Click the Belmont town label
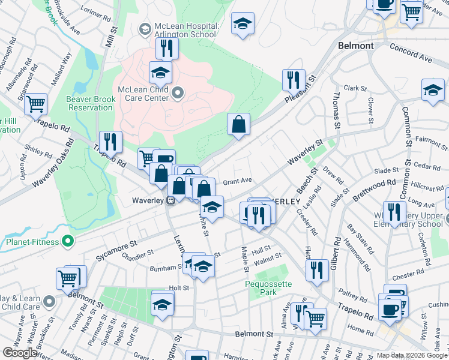coord(356,46)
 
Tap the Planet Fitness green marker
coord(68,242)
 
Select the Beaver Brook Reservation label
coord(90,103)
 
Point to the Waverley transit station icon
coord(171,200)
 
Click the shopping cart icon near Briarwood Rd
coord(36,104)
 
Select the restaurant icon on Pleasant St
coord(294,80)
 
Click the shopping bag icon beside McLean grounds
coord(238,125)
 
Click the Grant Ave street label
coord(237,181)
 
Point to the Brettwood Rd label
coord(374,188)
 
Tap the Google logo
coord(20,353)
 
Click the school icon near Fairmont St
coord(433,91)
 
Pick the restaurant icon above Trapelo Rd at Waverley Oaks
coord(110,142)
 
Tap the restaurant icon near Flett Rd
coord(317,270)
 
